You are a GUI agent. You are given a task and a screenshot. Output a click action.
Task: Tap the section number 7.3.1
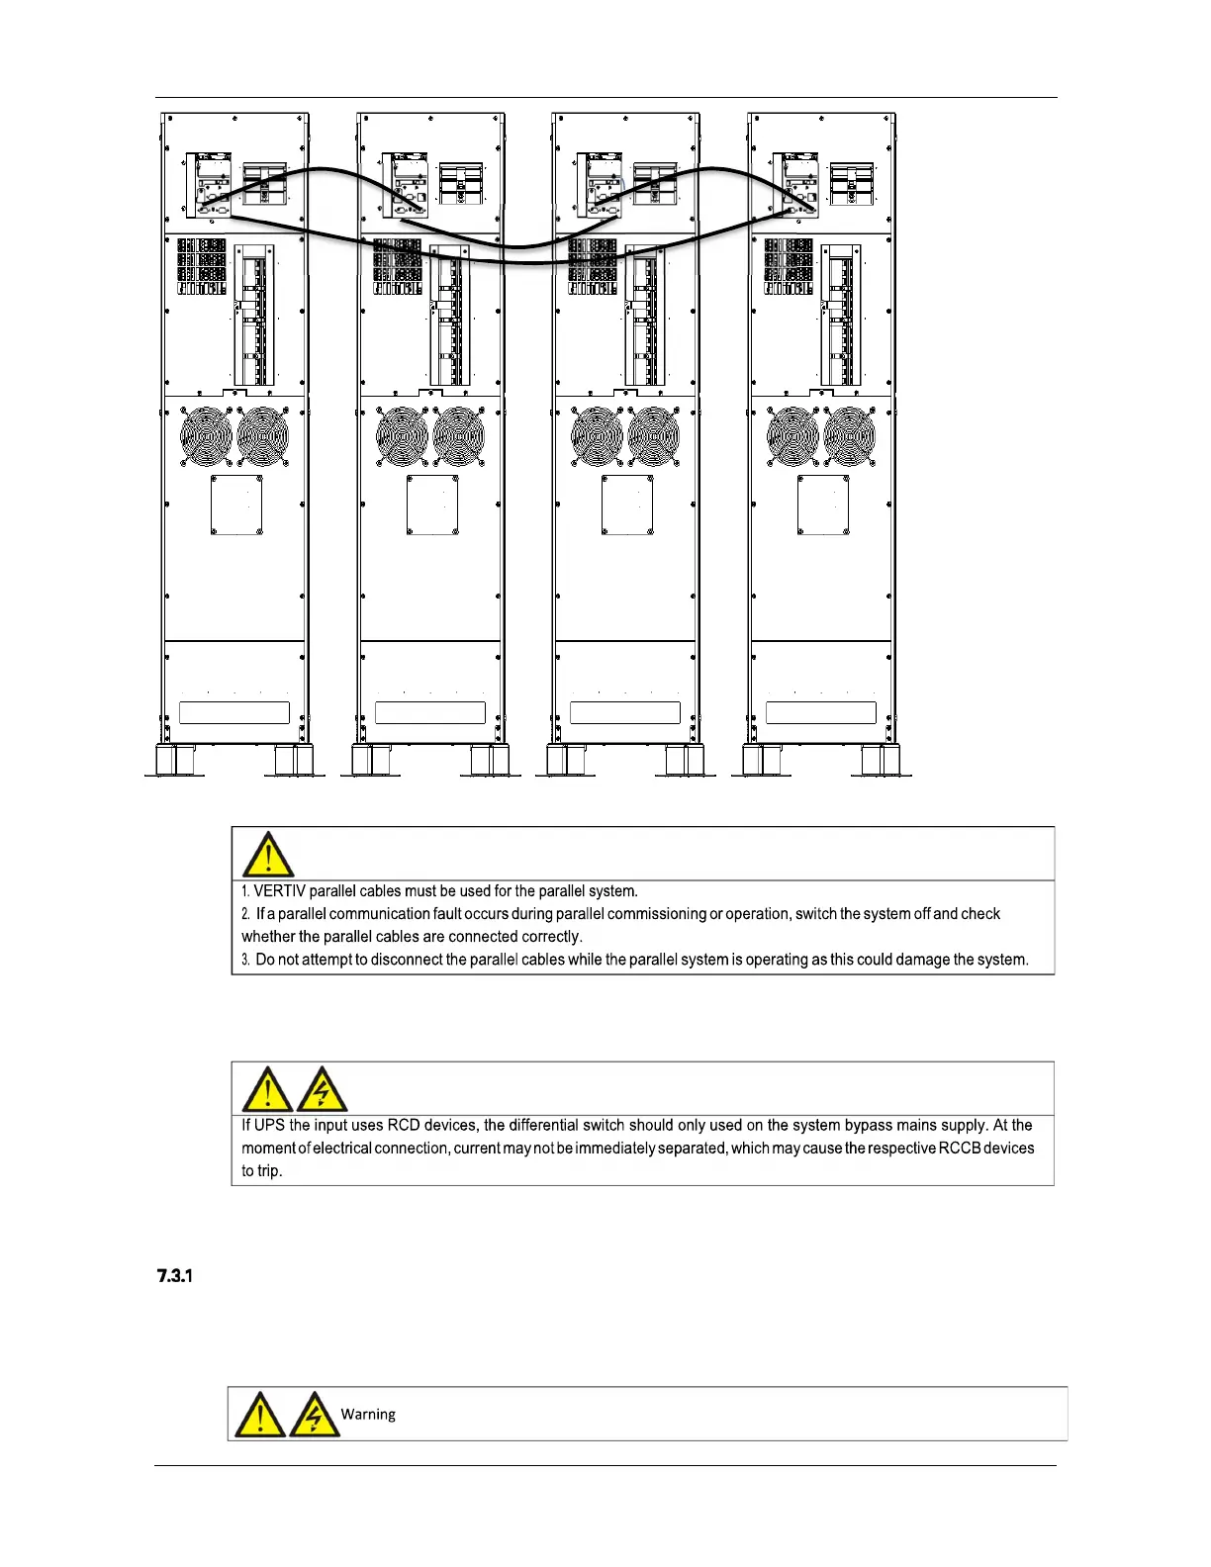pyautogui.click(x=174, y=1276)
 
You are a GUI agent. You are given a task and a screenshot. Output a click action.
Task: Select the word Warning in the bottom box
pyautogui.click(x=368, y=1414)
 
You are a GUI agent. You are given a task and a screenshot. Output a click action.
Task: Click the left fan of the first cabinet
pyautogui.click(x=206, y=436)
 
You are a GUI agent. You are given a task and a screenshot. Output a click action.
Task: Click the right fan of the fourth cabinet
pyautogui.click(x=849, y=436)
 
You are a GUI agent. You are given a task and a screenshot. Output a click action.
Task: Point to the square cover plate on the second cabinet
pyautogui.click(x=432, y=506)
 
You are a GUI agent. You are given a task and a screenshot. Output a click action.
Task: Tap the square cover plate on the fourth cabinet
pyautogui.click(x=823, y=506)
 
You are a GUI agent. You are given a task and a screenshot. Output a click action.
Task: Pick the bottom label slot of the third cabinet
pyautogui.click(x=625, y=712)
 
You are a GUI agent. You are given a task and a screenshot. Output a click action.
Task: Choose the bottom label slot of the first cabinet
pyautogui.click(x=234, y=712)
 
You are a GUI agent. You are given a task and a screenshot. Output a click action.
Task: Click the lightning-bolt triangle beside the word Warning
pyautogui.click(x=315, y=1415)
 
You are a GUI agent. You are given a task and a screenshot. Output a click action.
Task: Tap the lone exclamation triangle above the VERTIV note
pyautogui.click(x=267, y=855)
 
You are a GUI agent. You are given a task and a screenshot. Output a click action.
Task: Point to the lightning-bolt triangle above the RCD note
pyautogui.click(x=323, y=1090)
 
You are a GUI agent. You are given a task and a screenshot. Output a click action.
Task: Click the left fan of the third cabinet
pyautogui.click(x=598, y=436)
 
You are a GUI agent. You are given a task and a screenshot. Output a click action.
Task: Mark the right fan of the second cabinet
pyautogui.click(x=458, y=436)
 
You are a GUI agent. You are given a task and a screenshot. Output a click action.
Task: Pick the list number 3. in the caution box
pyautogui.click(x=246, y=960)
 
